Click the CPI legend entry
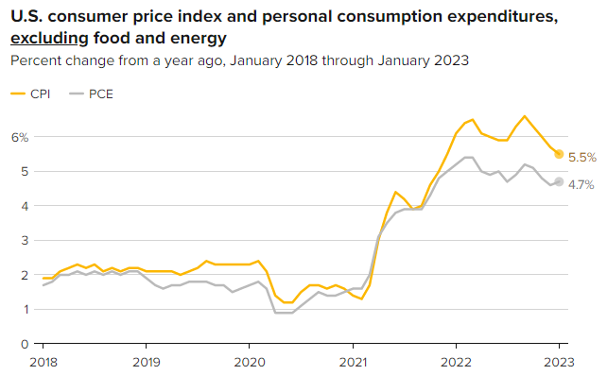[x=30, y=94]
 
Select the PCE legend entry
[x=91, y=94]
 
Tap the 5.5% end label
[x=582, y=158]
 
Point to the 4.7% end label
[x=581, y=184]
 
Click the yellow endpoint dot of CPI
[x=559, y=154]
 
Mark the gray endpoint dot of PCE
[x=559, y=181]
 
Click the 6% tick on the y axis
[x=20, y=137]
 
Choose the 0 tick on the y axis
[x=25, y=344]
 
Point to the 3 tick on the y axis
[x=25, y=241]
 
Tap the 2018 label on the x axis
[x=43, y=362]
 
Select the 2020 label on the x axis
[x=250, y=362]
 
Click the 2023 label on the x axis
[x=559, y=362]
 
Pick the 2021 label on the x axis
[x=353, y=362]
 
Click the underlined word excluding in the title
[x=49, y=39]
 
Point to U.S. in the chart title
[x=26, y=16]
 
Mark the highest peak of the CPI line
[x=525, y=116]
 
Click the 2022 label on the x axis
[x=456, y=362]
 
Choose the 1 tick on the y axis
[x=26, y=309]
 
